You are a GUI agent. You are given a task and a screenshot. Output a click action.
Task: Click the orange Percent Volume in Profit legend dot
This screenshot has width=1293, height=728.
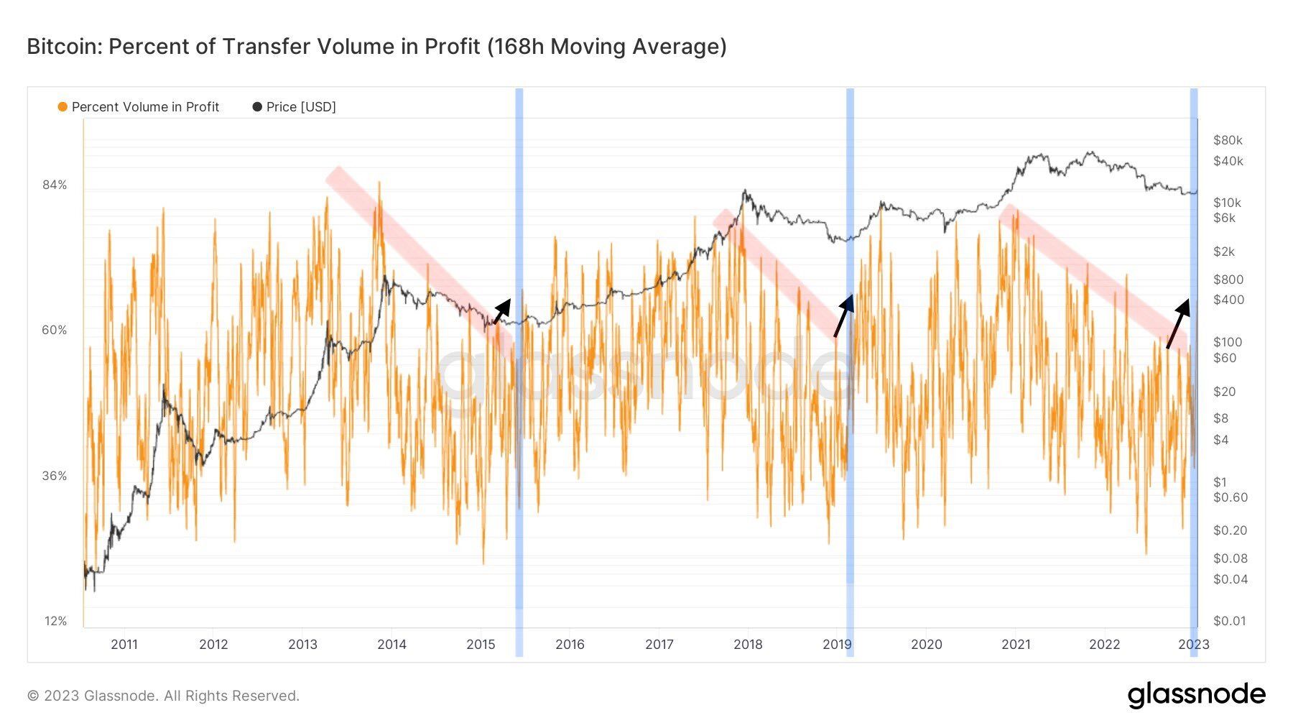(x=62, y=107)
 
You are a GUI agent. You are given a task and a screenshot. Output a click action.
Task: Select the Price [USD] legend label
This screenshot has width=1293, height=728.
(x=300, y=107)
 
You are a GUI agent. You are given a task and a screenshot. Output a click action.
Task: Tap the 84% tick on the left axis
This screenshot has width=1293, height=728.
(x=55, y=185)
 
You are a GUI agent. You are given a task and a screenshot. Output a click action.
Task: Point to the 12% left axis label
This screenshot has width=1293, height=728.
(x=55, y=621)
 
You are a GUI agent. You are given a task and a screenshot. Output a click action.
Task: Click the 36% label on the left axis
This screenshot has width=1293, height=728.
(x=55, y=476)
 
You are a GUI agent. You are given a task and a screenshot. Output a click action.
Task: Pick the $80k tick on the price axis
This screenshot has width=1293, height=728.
(x=1228, y=140)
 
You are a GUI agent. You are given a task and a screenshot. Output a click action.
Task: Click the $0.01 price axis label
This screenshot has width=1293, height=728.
(x=1230, y=621)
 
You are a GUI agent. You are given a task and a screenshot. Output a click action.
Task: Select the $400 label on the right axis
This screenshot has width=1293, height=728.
(x=1228, y=300)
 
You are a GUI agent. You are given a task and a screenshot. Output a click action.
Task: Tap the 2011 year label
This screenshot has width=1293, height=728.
(x=124, y=645)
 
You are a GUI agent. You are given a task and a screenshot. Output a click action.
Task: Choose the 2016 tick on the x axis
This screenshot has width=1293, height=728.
(x=570, y=645)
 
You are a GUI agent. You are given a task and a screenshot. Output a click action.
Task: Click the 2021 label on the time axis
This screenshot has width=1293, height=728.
(x=1016, y=645)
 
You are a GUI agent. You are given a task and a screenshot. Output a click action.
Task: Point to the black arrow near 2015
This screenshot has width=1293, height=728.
(x=502, y=310)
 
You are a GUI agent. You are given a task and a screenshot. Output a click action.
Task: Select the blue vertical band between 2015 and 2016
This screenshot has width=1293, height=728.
(x=519, y=359)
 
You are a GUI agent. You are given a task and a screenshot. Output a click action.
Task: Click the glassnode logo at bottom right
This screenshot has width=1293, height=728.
(x=1196, y=695)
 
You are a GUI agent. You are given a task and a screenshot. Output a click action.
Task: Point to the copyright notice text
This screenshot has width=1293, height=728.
(x=163, y=696)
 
